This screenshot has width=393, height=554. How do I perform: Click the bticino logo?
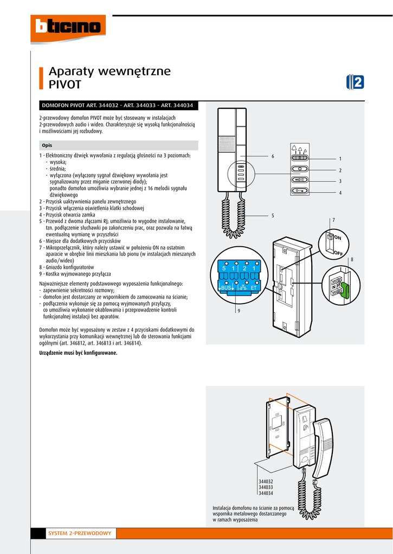(x=68, y=27)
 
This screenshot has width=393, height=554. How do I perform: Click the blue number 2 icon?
(x=355, y=82)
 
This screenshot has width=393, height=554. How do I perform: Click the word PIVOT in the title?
(x=65, y=85)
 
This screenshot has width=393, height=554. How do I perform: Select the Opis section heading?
(x=47, y=146)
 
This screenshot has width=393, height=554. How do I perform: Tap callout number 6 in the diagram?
(x=273, y=156)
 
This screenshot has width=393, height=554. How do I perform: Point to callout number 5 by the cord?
(x=273, y=215)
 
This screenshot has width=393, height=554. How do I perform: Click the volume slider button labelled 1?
(x=300, y=158)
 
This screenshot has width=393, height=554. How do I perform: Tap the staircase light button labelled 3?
(x=300, y=180)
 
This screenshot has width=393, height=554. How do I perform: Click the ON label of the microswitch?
(x=337, y=238)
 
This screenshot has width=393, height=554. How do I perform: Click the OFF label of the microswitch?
(x=338, y=253)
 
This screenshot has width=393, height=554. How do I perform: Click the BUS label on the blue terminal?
(x=226, y=288)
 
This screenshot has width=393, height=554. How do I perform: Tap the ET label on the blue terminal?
(x=253, y=288)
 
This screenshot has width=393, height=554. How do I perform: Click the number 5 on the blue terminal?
(x=223, y=269)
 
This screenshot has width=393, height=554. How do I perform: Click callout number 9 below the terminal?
(x=239, y=311)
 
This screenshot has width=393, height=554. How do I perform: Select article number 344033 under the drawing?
(x=266, y=487)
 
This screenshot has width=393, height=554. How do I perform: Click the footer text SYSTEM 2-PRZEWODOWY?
(x=80, y=533)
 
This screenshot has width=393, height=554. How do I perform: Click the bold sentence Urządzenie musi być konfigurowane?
(x=78, y=353)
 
